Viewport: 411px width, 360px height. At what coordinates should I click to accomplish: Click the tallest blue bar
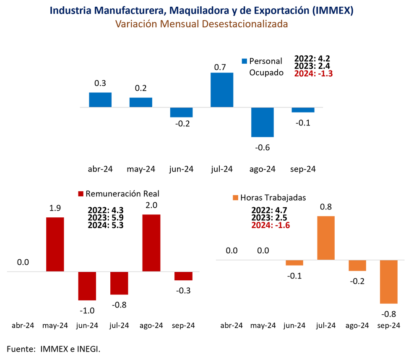point(222,89)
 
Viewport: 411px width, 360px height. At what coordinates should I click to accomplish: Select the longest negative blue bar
point(263,123)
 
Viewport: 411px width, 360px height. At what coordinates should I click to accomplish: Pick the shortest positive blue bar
point(141,102)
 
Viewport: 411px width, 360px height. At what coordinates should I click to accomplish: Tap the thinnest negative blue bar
point(303,110)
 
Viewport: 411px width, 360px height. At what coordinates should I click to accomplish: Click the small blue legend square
point(244,61)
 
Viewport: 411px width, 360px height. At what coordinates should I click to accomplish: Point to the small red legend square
point(81,194)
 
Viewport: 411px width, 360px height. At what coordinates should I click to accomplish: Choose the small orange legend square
point(236,198)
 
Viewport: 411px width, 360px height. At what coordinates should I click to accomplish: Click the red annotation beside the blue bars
point(313,74)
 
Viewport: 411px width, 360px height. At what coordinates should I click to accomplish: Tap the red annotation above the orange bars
point(271,225)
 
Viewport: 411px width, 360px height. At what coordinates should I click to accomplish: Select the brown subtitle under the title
point(201,24)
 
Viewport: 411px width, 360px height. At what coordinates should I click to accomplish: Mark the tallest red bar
point(151,242)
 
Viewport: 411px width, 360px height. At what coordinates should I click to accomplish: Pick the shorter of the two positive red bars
point(55,243)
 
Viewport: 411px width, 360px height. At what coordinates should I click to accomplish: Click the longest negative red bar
point(87,287)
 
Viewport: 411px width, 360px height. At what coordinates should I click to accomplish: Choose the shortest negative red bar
point(183,277)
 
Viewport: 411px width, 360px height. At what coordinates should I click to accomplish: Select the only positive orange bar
point(326,237)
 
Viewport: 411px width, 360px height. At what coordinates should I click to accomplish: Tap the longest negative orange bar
point(388,282)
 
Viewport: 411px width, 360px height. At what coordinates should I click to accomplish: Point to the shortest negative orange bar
point(294,263)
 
